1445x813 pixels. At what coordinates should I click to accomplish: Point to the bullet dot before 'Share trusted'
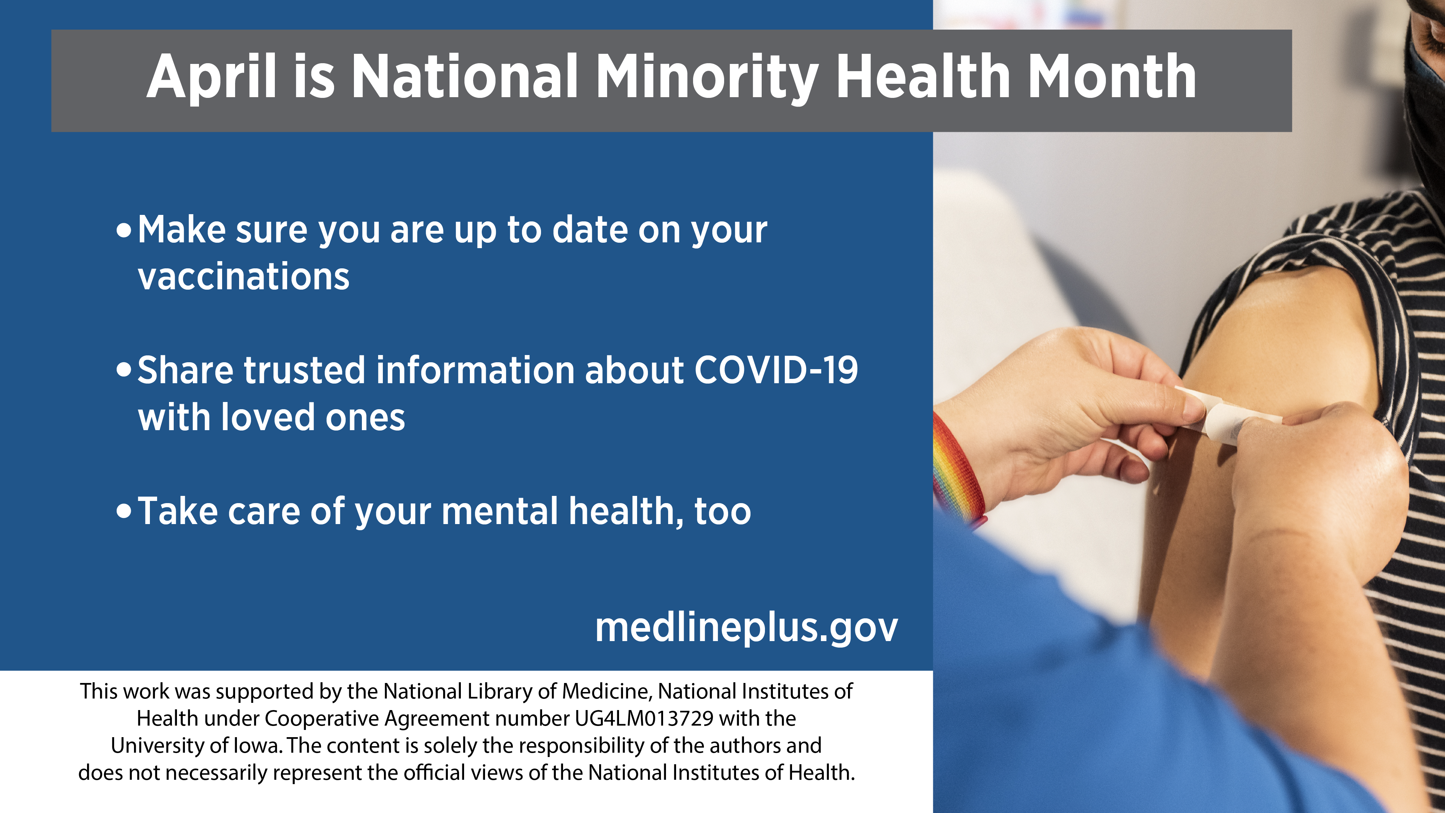point(124,370)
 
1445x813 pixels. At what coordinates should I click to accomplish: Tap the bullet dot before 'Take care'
point(124,511)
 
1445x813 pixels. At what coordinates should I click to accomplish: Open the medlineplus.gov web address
point(747,628)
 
